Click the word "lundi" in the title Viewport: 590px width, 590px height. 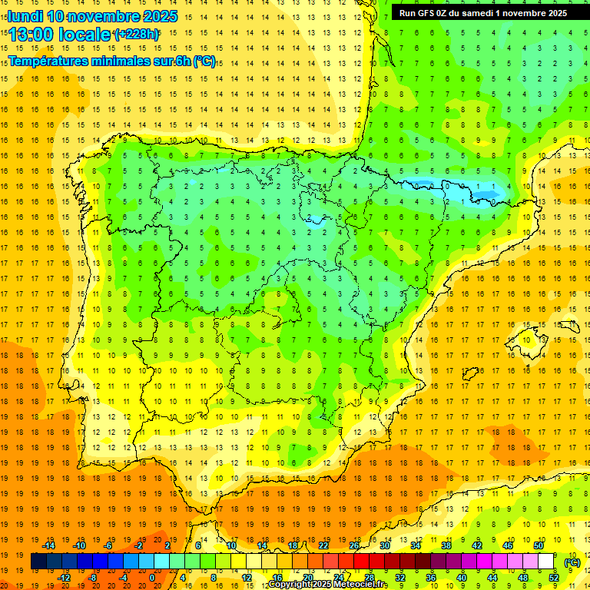[x=25, y=16]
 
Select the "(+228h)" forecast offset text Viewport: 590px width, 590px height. [x=137, y=35]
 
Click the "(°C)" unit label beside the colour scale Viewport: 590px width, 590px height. [x=572, y=562]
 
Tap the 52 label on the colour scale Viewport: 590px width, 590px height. [x=554, y=578]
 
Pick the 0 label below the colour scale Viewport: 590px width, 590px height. [x=152, y=578]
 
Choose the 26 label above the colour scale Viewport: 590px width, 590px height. [x=354, y=545]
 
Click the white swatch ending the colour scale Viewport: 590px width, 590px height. [x=546, y=562]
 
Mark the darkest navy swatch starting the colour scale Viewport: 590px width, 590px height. [x=38, y=562]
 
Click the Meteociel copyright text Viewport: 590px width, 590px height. [x=327, y=585]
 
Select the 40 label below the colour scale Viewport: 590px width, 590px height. [x=462, y=578]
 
